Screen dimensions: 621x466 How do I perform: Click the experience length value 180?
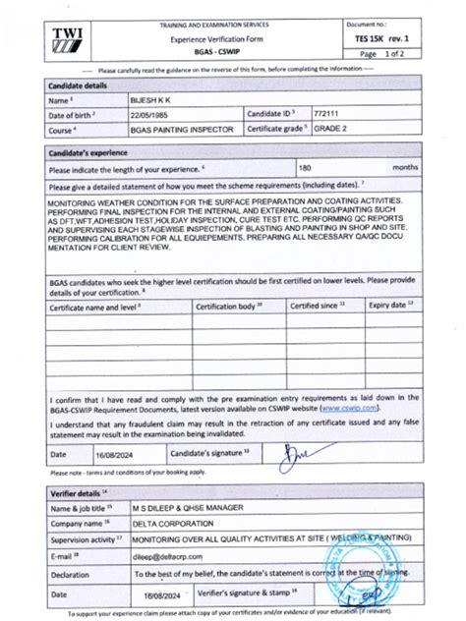click(x=320, y=169)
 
